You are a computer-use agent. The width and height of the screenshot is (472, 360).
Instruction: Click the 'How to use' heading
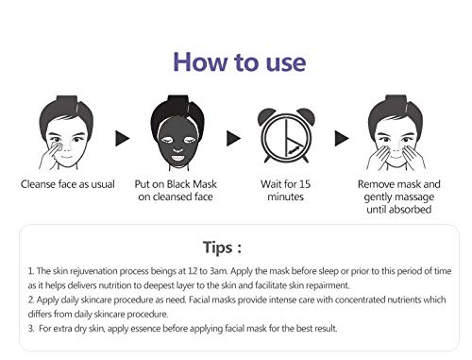point(240,62)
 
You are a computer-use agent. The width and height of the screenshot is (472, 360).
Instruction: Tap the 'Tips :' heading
point(222,248)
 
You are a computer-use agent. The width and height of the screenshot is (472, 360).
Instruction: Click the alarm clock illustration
point(286,135)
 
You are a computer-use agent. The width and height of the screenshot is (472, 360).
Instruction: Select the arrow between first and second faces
point(123,138)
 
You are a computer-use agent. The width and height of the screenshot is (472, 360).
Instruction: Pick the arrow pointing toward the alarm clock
point(233,138)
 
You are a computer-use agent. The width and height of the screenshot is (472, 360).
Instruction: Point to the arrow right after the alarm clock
point(342,138)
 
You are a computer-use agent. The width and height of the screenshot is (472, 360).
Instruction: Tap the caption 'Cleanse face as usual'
point(68,184)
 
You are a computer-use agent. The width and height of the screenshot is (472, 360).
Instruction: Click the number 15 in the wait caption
point(305,184)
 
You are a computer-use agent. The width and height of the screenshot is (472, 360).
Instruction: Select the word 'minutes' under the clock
point(286,197)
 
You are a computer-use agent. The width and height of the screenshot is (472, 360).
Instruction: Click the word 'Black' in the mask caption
point(178,184)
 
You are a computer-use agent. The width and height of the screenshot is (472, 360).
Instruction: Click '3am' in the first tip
point(219,271)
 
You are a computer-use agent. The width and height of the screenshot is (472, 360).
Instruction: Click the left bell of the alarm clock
point(265,116)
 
